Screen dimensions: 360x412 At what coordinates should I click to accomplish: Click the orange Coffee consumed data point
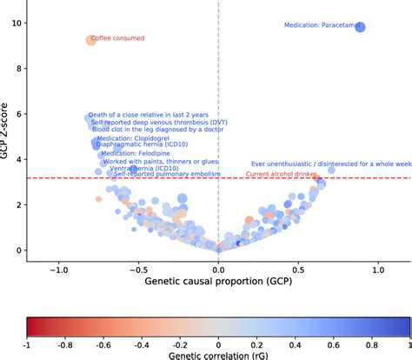coord(90,39)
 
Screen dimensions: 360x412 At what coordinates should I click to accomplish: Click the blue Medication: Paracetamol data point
coord(361,28)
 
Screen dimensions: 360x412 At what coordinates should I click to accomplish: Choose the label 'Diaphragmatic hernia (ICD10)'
coord(139,144)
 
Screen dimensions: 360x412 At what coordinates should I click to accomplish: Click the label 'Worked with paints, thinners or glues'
coord(160,161)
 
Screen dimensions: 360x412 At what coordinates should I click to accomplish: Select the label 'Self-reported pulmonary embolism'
coord(164,175)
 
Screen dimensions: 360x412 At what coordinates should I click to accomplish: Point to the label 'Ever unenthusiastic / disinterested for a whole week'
coord(330,163)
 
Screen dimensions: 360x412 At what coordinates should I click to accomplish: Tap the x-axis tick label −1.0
coord(57,270)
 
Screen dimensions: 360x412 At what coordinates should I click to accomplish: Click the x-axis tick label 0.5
coord(298,270)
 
